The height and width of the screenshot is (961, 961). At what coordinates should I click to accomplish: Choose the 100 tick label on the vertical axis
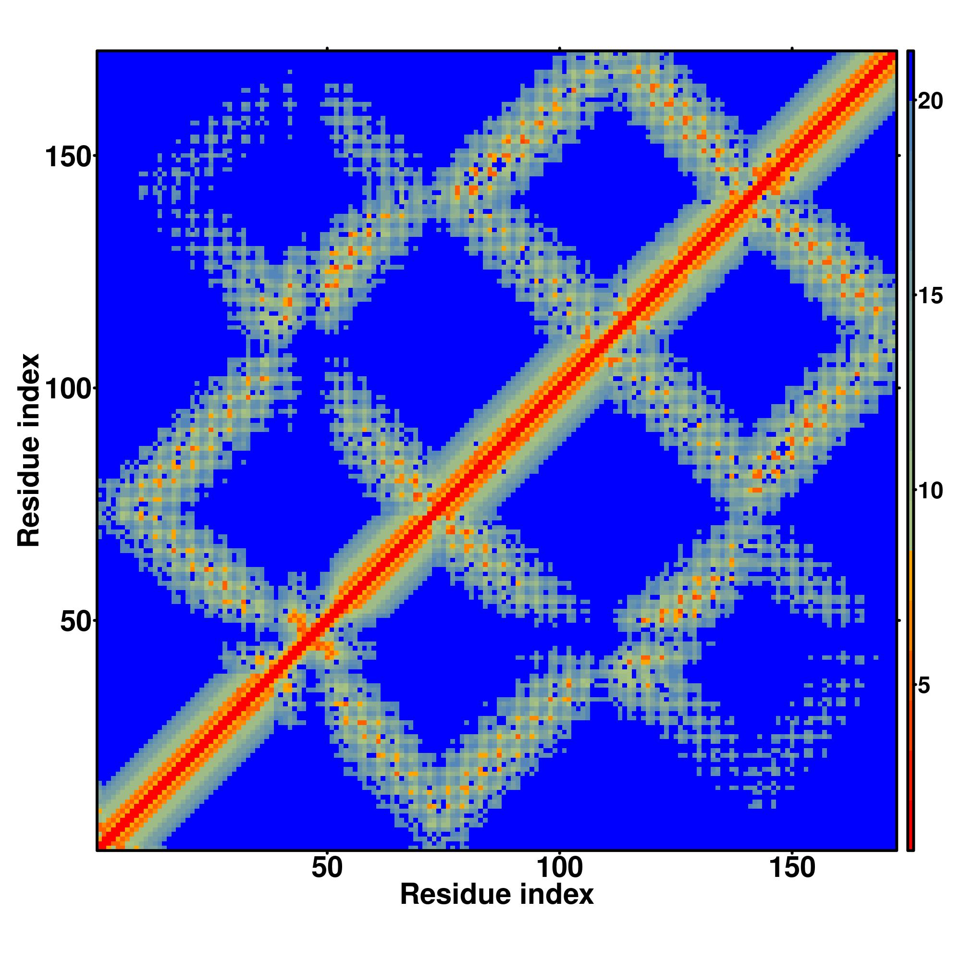click(x=69, y=388)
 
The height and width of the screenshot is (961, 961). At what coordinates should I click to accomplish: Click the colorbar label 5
click(x=924, y=686)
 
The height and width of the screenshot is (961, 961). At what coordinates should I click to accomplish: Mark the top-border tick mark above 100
click(x=560, y=48)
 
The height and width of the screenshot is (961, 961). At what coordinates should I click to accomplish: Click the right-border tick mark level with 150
click(x=899, y=156)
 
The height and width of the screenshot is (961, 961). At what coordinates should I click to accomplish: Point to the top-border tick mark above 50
click(x=327, y=48)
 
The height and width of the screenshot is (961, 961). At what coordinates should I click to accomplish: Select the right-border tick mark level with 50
click(x=899, y=621)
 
